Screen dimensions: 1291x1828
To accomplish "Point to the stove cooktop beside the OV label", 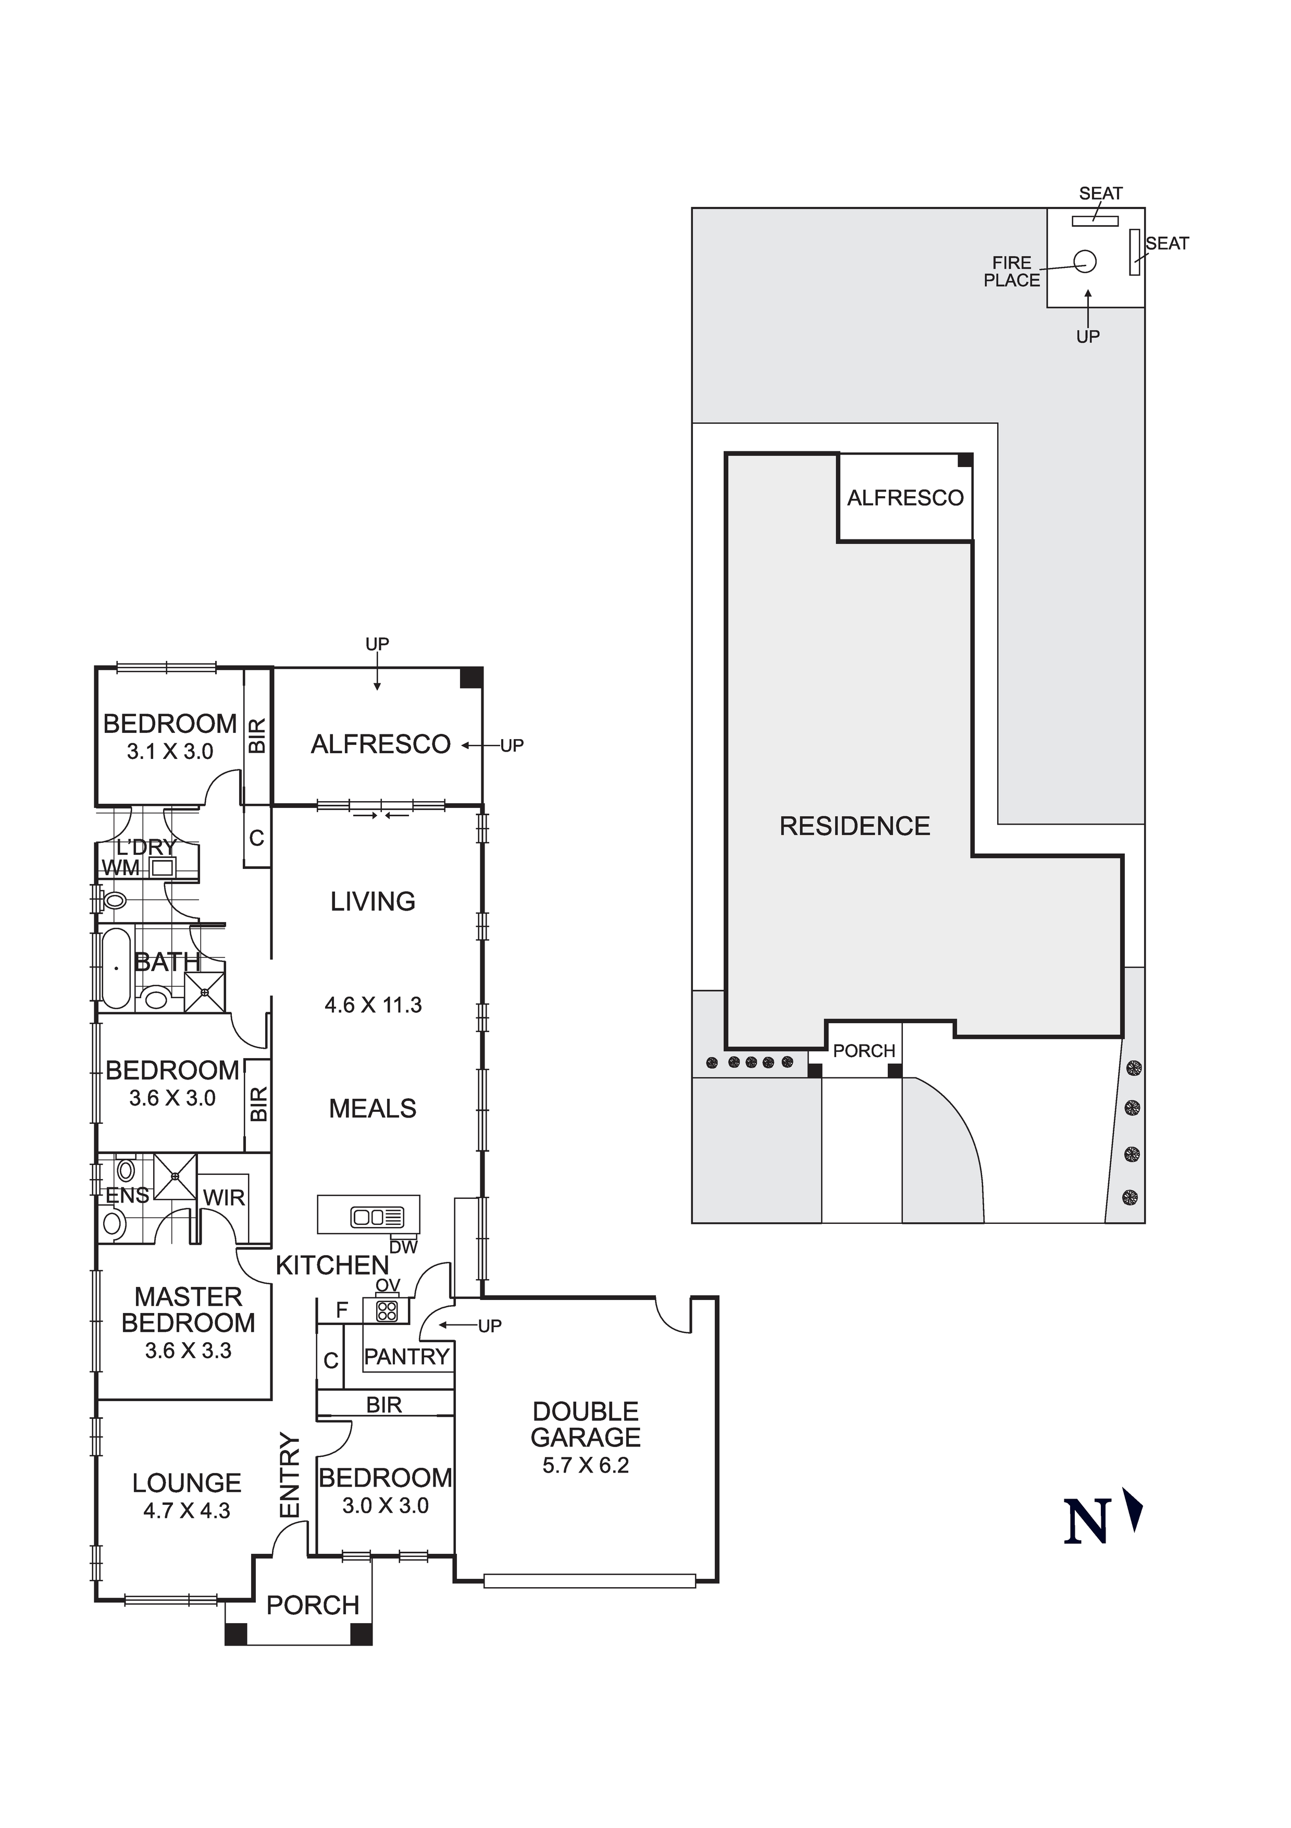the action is pos(387,1310).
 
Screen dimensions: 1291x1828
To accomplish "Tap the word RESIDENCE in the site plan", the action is pos(855,826).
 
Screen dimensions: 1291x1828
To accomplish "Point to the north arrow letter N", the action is pos(1086,1522).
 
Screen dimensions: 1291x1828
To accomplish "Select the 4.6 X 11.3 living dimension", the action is pos(374,1005).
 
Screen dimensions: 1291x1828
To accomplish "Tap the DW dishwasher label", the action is pos(404,1247).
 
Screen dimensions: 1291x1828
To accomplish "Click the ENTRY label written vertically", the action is pos(291,1475).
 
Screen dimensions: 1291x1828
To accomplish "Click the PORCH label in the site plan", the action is pos(864,1051).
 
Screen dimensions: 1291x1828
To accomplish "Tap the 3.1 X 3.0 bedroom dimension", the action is pos(170,752).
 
